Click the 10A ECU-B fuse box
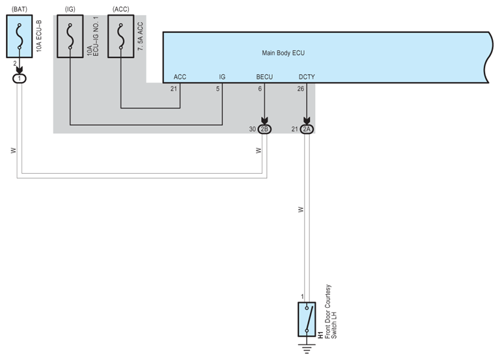click(x=20, y=37)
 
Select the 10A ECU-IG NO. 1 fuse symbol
click(x=70, y=37)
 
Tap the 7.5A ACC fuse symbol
click(x=120, y=37)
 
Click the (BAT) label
click(x=20, y=8)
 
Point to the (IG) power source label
click(x=70, y=8)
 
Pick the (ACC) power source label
click(x=120, y=8)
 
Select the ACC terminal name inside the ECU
click(x=180, y=77)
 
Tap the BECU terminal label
click(x=264, y=77)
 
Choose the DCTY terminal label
click(x=306, y=77)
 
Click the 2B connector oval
click(x=264, y=129)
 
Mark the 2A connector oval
click(x=307, y=129)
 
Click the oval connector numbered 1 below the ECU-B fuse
click(x=20, y=78)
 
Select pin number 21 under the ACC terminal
click(x=174, y=89)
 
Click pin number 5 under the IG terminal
click(x=218, y=89)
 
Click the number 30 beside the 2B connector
click(x=253, y=129)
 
